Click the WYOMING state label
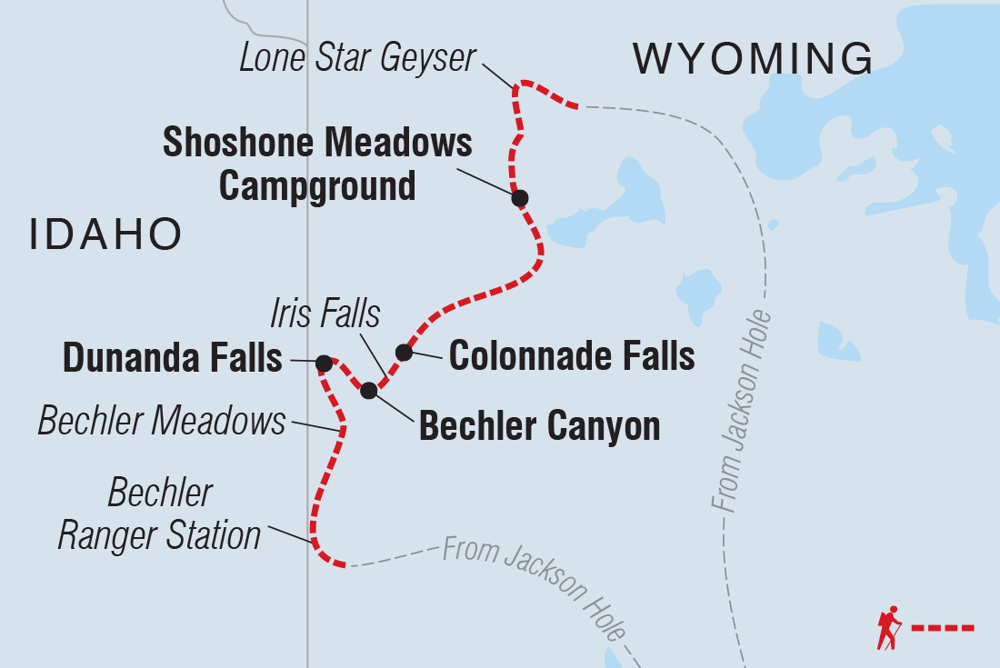(754, 60)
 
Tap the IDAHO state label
(105, 234)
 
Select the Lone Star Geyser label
(357, 58)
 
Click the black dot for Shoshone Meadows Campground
(519, 197)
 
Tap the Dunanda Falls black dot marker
(324, 363)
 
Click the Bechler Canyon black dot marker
(368, 391)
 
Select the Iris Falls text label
(325, 314)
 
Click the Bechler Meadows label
(162, 421)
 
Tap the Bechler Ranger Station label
(159, 514)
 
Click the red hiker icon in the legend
(888, 627)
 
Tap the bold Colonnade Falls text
(572, 356)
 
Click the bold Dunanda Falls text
(173, 359)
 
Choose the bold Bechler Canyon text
(539, 426)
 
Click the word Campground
(317, 185)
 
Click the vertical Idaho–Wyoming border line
(307, 273)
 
